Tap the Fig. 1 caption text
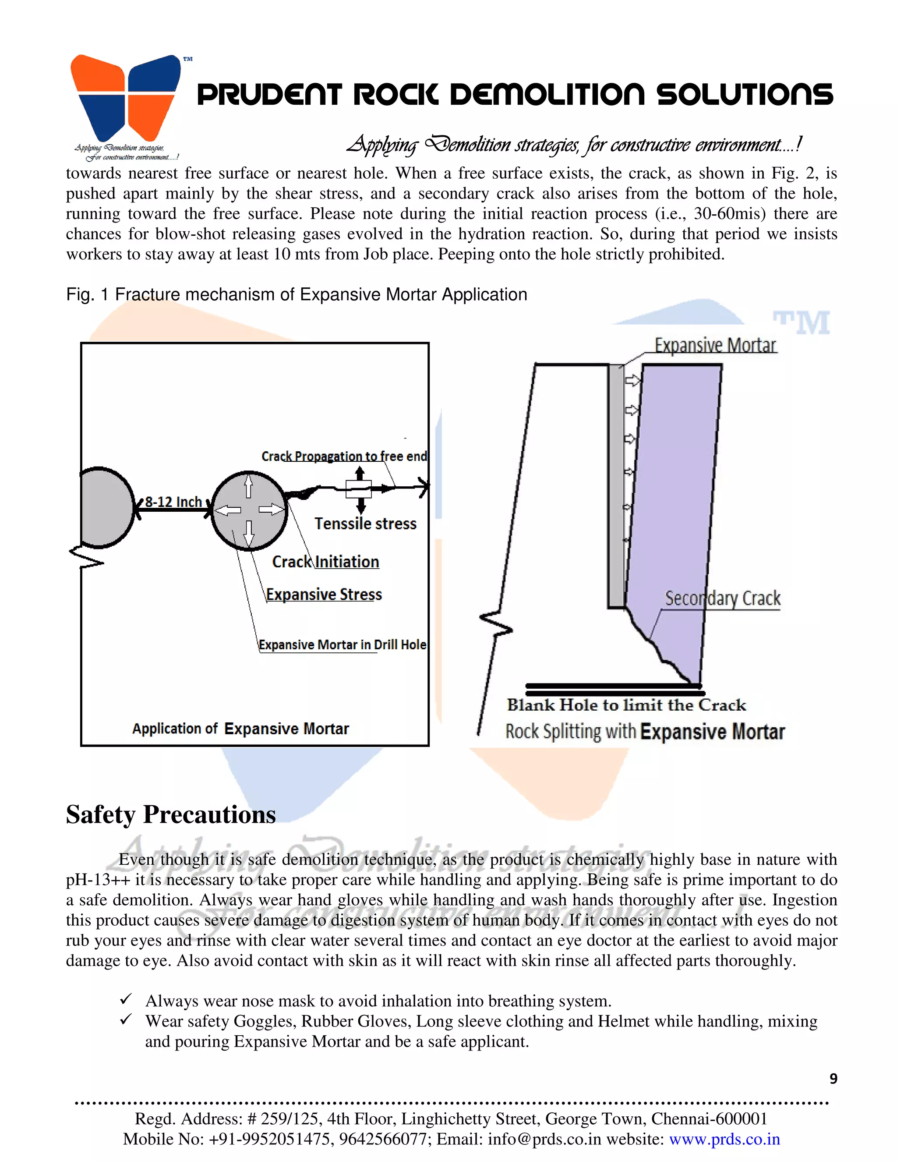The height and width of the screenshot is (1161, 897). pyautogui.click(x=296, y=294)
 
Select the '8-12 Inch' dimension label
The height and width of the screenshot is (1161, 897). pyautogui.click(x=173, y=502)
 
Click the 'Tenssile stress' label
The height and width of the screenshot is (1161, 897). pyautogui.click(x=365, y=524)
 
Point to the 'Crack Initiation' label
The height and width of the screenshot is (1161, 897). pyautogui.click(x=325, y=562)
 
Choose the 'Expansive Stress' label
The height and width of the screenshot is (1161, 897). pyautogui.click(x=324, y=595)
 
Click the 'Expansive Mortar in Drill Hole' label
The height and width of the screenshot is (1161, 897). pyautogui.click(x=342, y=645)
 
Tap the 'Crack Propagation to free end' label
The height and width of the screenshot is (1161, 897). pyautogui.click(x=344, y=456)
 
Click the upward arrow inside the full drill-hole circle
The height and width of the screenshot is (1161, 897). pyautogui.click(x=248, y=486)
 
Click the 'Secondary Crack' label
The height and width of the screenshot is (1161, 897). pyautogui.click(x=722, y=598)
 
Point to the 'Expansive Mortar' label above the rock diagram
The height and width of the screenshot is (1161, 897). pyautogui.click(x=715, y=346)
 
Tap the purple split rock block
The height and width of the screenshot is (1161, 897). pyautogui.click(x=675, y=505)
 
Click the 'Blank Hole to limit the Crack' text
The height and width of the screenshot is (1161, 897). pyautogui.click(x=626, y=705)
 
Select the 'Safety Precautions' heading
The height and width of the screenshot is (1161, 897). pyautogui.click(x=170, y=815)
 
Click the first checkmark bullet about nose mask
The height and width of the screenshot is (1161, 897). pyautogui.click(x=126, y=1000)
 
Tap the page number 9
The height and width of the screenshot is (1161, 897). pyautogui.click(x=833, y=1079)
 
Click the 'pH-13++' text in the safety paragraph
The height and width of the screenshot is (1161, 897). pyautogui.click(x=98, y=880)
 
